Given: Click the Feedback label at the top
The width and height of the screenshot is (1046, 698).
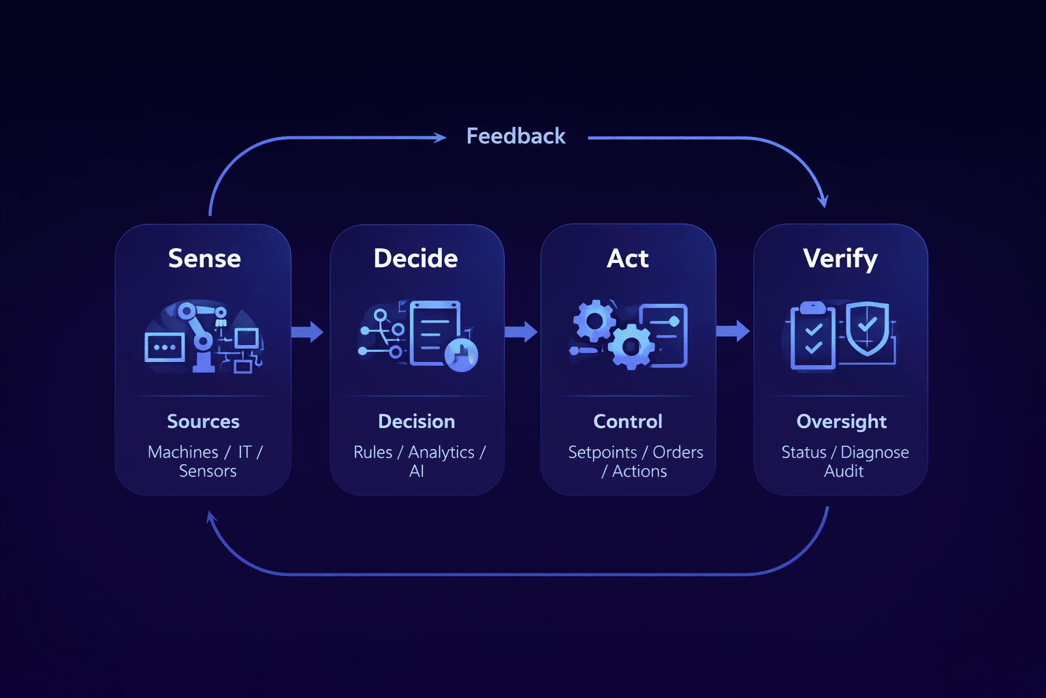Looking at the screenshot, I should (516, 136).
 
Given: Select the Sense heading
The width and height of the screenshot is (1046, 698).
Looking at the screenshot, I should (204, 258).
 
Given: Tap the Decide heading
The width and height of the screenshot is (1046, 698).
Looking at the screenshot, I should (415, 258).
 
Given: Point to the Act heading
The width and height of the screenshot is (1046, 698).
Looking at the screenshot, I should (627, 258).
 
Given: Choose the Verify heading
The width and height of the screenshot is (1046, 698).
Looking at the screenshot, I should (840, 259).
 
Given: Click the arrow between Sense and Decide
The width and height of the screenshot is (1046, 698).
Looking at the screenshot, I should (308, 332).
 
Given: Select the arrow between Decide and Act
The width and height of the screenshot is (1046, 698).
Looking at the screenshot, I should (521, 332).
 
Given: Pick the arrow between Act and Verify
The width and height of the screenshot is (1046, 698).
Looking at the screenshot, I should (733, 332).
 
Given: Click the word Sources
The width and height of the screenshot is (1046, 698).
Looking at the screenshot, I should (203, 421).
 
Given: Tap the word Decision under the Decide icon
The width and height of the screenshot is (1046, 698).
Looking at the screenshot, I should (416, 421).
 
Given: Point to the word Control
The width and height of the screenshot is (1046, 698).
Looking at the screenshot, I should (627, 421).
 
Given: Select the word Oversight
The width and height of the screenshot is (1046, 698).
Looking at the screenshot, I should (841, 422).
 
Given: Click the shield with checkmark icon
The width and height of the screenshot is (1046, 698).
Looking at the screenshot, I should (867, 328).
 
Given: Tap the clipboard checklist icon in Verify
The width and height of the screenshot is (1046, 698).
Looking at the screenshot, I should (813, 337).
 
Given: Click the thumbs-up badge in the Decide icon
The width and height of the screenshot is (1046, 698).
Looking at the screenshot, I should (462, 354).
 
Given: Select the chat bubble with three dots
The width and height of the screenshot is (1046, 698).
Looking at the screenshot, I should (165, 348).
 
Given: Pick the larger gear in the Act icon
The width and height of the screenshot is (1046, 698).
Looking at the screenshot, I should (631, 346).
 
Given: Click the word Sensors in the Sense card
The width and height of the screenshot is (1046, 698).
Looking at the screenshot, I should (208, 471).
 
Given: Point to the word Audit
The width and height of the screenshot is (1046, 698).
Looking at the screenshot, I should (844, 471).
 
